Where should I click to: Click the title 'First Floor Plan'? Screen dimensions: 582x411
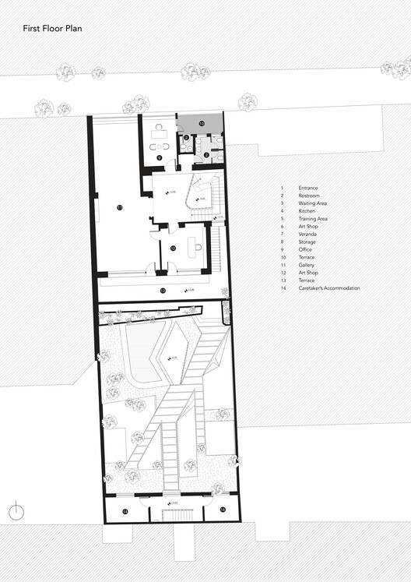[52, 28]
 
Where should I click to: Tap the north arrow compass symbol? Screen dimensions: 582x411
[15, 511]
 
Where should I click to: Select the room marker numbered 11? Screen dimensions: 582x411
[119, 207]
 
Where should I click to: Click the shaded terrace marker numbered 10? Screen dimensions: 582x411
[200, 123]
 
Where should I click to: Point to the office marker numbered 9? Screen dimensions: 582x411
[159, 157]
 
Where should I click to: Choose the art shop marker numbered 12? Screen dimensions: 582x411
[173, 248]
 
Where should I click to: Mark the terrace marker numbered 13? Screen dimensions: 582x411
[162, 290]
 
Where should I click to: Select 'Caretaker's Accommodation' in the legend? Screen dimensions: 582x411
[328, 288]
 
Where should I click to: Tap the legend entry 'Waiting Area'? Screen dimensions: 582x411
[313, 203]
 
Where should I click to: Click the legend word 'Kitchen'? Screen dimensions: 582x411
[307, 211]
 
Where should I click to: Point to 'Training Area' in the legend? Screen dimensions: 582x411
[313, 219]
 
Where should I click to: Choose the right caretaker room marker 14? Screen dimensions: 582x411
[222, 509]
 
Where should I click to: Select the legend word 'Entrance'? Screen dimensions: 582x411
[309, 188]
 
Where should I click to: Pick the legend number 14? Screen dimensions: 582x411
[283, 288]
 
